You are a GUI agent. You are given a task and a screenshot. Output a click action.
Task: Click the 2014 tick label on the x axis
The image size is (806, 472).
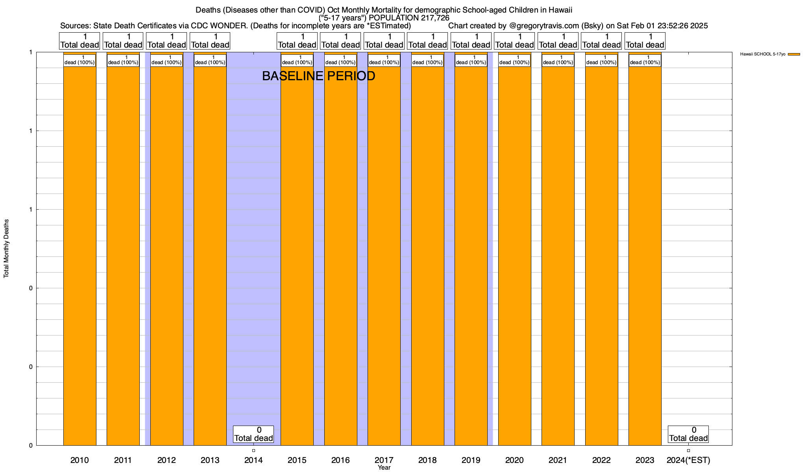[x=253, y=460]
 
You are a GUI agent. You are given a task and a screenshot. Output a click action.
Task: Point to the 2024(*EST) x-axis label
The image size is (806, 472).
[x=688, y=460]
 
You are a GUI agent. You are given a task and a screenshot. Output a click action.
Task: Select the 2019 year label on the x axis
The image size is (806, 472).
[x=471, y=460]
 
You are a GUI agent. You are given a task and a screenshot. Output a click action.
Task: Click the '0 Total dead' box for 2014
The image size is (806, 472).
[x=253, y=434]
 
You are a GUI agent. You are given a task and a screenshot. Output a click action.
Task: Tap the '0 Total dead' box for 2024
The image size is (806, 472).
[x=688, y=434]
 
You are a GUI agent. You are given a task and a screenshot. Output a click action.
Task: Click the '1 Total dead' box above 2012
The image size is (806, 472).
[x=166, y=41]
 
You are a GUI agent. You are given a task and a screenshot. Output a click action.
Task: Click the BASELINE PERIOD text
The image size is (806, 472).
[x=318, y=76]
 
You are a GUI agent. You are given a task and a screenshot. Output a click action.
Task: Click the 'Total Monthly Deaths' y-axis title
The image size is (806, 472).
[x=6, y=249]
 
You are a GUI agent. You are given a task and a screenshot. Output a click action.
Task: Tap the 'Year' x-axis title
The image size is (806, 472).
[x=384, y=468]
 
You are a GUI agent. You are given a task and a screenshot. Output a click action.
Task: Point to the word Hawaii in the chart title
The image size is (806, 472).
[x=559, y=10]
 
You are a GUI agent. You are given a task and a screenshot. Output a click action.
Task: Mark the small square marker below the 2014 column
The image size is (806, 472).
[x=253, y=450]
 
